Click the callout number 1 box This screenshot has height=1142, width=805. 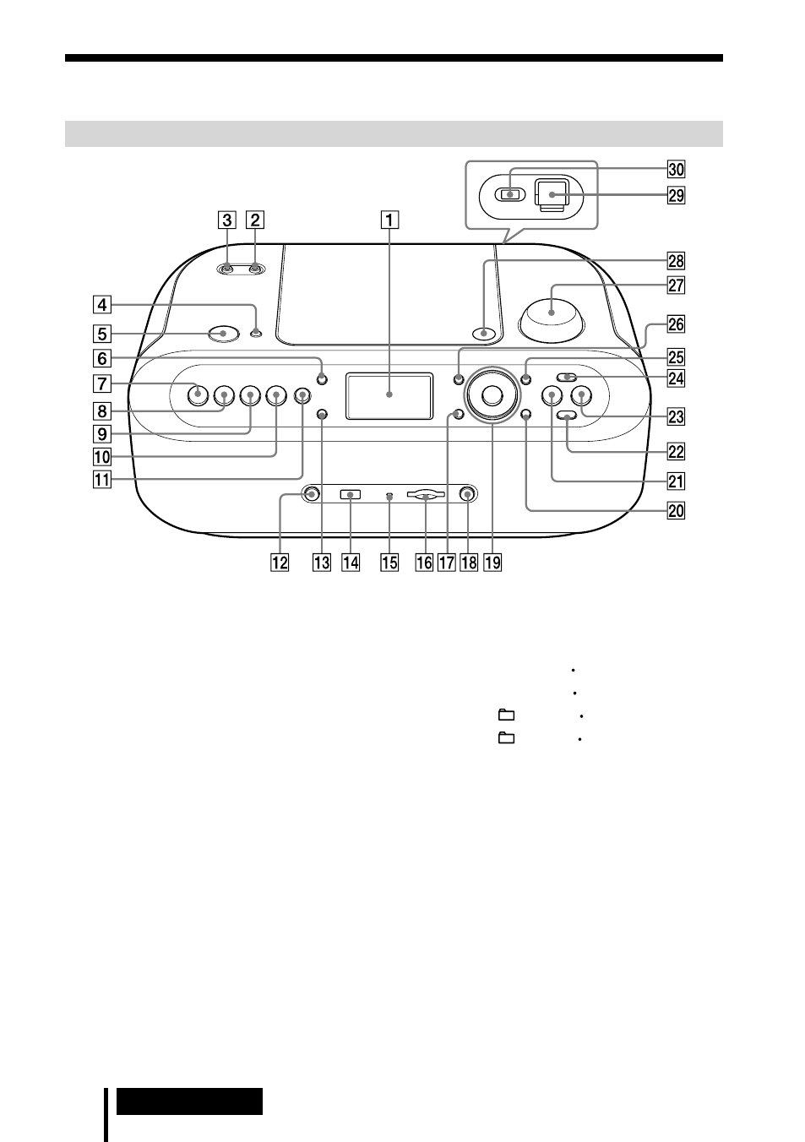(x=389, y=220)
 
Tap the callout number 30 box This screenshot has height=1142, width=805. (x=676, y=169)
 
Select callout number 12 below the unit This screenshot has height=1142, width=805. (x=280, y=563)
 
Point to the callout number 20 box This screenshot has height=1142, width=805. (x=676, y=510)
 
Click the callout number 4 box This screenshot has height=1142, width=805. (x=102, y=305)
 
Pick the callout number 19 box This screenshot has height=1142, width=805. (x=492, y=563)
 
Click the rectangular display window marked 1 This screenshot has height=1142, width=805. (x=389, y=396)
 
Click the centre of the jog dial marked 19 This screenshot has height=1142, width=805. (x=492, y=394)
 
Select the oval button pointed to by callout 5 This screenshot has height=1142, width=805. (x=223, y=334)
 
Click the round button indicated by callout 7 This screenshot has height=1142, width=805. (x=198, y=394)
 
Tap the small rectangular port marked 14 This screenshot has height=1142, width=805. (x=351, y=494)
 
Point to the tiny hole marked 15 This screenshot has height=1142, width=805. (x=389, y=496)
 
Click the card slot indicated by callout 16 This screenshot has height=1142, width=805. (x=426, y=494)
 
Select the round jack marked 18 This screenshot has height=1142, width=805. (x=467, y=494)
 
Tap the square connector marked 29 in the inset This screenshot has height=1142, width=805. (x=551, y=195)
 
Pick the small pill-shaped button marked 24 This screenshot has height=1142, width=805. (x=566, y=378)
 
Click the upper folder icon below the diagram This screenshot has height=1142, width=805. (x=506, y=715)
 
